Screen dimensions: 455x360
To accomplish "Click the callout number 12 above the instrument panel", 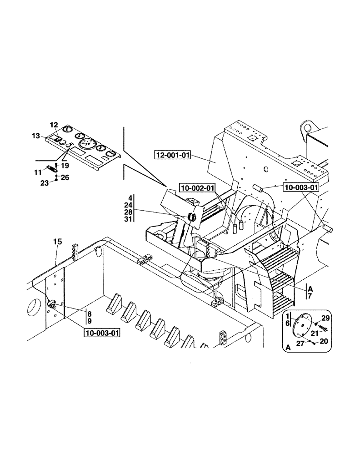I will click(54, 125).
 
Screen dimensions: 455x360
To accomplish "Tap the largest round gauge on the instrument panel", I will click(87, 145).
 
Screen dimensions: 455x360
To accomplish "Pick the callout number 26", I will click(65, 177).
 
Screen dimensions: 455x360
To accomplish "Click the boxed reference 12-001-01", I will click(172, 156).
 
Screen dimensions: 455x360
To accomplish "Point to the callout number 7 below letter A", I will click(310, 296).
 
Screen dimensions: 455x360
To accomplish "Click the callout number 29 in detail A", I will click(325, 318).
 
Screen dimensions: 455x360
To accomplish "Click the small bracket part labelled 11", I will click(51, 169).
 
